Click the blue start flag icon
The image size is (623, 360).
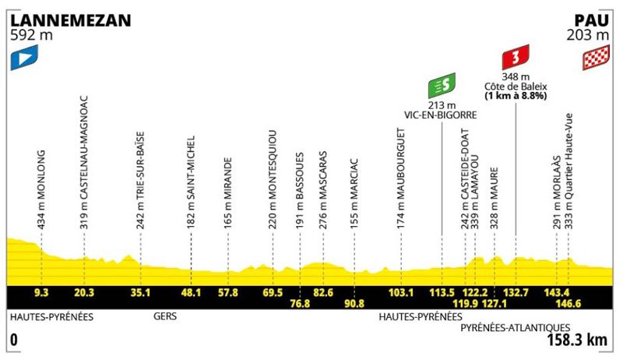coord(24,57)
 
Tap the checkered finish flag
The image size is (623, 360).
coord(596,57)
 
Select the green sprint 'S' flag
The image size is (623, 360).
coord(442,86)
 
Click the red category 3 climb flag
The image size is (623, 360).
coord(516,57)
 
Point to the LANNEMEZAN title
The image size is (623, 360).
coord(71,21)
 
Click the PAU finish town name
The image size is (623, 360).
coord(591,21)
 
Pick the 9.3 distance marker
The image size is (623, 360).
coord(41,293)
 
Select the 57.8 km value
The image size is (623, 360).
coord(228,293)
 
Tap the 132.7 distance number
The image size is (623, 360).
coord(516,293)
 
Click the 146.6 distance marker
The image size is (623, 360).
coord(568,304)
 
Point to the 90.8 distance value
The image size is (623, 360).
coord(354,304)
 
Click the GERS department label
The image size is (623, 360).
coord(165,316)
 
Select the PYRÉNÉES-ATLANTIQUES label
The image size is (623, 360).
coord(516,328)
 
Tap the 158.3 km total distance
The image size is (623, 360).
coord(577,341)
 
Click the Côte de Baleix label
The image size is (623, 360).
coord(516,86)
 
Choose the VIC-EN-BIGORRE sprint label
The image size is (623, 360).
coord(441,115)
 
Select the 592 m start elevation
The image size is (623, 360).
coord(31,35)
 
